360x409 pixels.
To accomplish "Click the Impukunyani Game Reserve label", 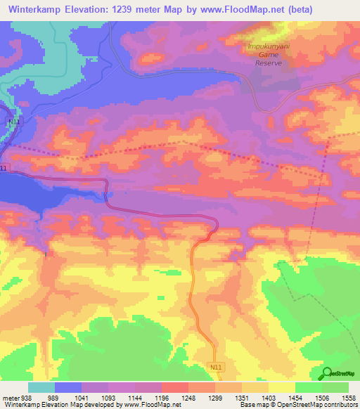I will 265,55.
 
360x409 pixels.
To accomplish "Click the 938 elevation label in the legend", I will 24,397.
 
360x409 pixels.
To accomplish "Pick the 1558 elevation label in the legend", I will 349,397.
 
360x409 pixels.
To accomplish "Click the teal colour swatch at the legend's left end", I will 41,387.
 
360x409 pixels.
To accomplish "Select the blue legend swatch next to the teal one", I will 68,387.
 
